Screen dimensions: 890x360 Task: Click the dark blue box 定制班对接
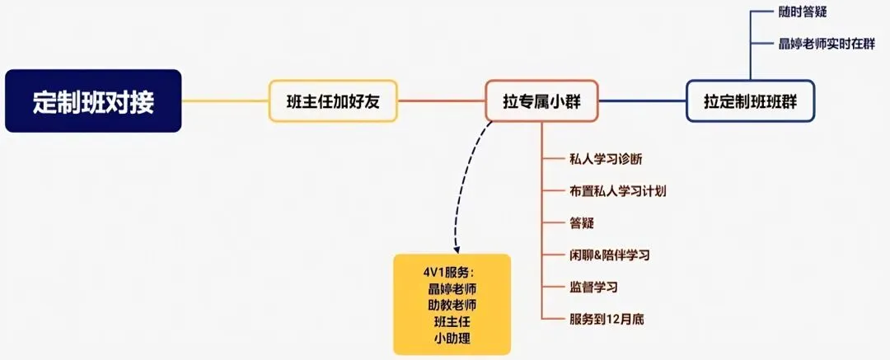pos(93,101)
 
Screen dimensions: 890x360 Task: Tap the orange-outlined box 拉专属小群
pos(541,101)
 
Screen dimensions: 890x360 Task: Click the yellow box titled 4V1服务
pos(452,304)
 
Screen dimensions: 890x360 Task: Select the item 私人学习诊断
pos(604,159)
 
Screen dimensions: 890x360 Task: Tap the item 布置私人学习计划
pos(617,191)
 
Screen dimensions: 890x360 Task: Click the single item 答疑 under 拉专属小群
pos(582,223)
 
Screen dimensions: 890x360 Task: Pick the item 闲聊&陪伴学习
pos(609,255)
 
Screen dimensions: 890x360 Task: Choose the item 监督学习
pos(593,287)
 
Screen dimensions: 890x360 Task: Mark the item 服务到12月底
pos(607,318)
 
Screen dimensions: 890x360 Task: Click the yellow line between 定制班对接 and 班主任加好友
pos(225,101)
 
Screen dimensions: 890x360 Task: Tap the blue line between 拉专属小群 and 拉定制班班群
pos(643,101)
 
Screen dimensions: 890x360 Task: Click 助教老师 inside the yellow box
pos(452,305)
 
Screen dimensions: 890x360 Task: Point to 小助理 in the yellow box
pos(452,338)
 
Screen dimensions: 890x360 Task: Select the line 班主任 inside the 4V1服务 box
pos(452,321)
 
